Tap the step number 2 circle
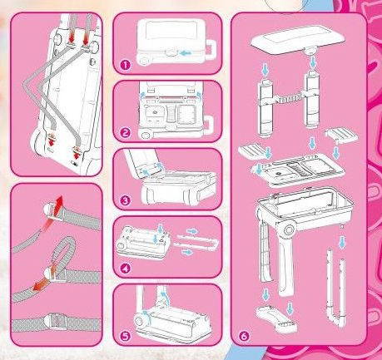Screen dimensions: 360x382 125,131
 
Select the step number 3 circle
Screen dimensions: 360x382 125,200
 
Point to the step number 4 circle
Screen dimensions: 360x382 125,268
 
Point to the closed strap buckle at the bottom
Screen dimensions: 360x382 53,318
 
